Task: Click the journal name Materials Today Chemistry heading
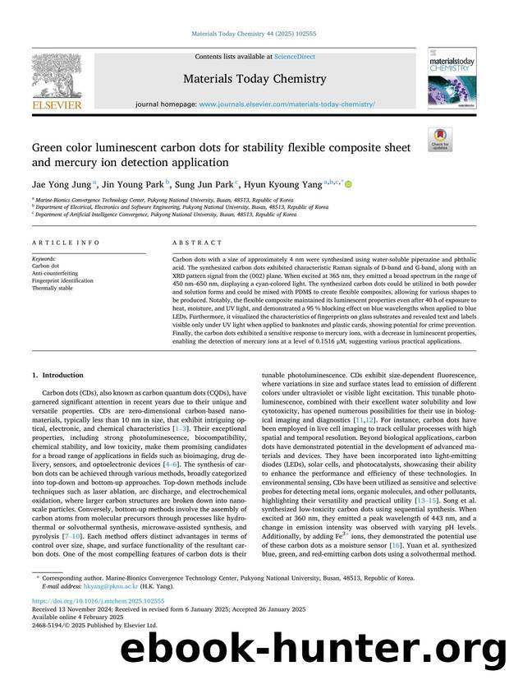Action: click(x=254, y=80)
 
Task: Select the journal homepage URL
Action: click(x=287, y=105)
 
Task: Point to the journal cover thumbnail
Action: click(x=446, y=77)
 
